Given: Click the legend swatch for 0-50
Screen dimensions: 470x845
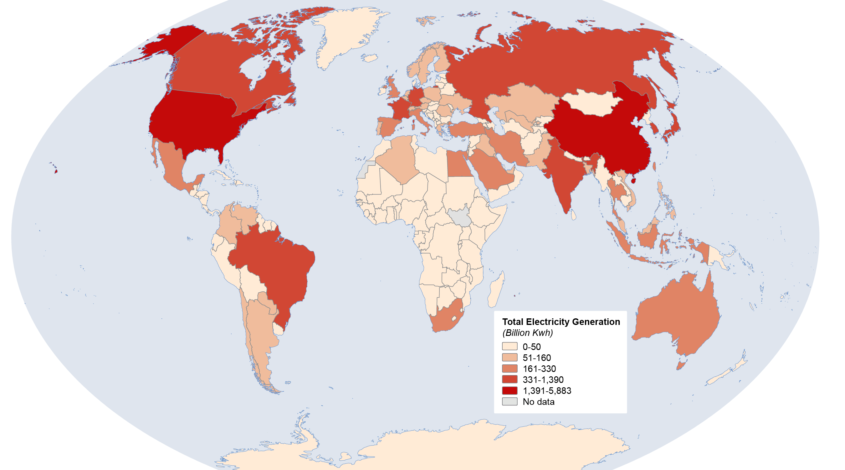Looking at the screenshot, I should pyautogui.click(x=510, y=347).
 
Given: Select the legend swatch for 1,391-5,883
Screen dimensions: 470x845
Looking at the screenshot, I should pyautogui.click(x=510, y=390).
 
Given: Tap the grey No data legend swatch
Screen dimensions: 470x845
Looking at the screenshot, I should pyautogui.click(x=510, y=401).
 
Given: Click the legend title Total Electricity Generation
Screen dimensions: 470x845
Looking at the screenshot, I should pyautogui.click(x=561, y=322).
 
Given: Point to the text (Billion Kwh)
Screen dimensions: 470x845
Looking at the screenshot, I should pyautogui.click(x=527, y=333).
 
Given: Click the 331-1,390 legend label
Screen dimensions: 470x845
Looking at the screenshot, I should pyautogui.click(x=543, y=380).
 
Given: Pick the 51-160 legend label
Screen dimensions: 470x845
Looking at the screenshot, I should pyautogui.click(x=537, y=358).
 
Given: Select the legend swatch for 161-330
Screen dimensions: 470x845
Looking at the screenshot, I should pyautogui.click(x=510, y=368).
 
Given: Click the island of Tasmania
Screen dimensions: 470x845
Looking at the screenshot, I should pyautogui.click(x=681, y=365).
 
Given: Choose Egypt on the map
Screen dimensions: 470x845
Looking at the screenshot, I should pyautogui.click(x=459, y=164).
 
